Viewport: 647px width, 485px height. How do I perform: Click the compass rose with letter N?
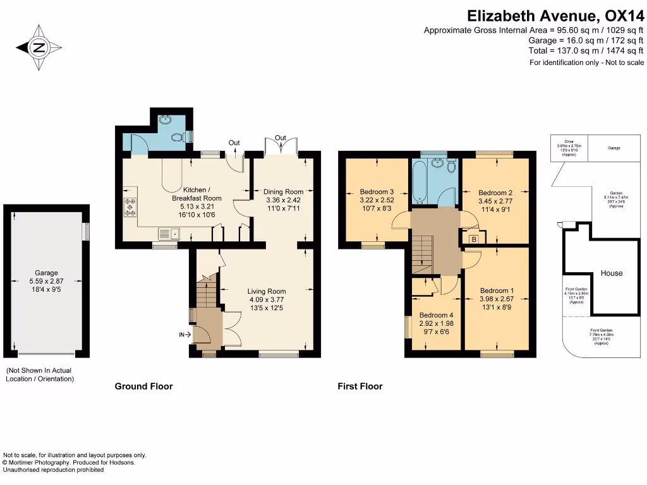click(x=40, y=47)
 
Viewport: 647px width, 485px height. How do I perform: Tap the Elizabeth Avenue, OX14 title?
click(x=555, y=15)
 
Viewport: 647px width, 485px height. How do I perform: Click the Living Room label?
click(x=267, y=292)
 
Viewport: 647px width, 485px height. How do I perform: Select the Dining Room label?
click(x=284, y=192)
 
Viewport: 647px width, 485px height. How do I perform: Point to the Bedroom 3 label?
click(x=377, y=192)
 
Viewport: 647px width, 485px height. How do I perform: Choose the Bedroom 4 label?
click(x=436, y=315)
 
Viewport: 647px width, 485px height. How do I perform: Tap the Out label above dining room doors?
click(x=281, y=138)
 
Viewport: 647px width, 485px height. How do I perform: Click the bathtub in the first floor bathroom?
click(x=420, y=183)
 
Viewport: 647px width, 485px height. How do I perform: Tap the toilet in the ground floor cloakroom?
click(x=178, y=136)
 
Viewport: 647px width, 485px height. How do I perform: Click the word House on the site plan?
click(x=611, y=273)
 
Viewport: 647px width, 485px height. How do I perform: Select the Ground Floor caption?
click(x=143, y=386)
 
